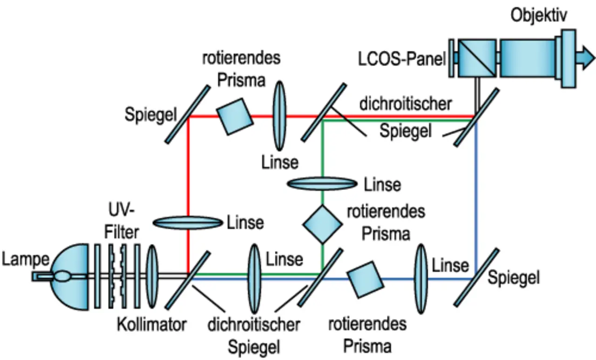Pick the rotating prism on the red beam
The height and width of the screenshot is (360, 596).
coord(236,116)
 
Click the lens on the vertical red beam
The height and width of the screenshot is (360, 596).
coord(188,223)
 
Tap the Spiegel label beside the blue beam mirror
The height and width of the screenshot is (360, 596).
coord(514,278)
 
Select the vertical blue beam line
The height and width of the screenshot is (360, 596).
coord(476,196)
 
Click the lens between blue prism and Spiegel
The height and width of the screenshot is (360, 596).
coord(420,278)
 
